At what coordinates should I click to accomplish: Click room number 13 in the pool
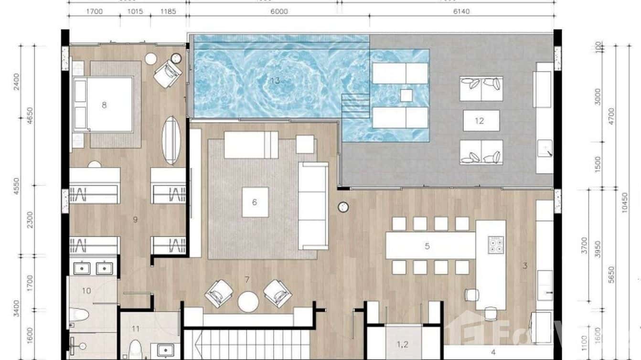275,81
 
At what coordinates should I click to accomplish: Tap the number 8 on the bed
104,105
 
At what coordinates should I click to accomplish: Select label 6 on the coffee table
255,202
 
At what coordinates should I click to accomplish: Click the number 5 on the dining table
427,246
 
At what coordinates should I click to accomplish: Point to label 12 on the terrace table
480,121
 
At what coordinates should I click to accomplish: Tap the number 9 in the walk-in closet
135,220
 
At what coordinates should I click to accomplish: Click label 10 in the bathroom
86,290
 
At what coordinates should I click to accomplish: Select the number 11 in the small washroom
136,328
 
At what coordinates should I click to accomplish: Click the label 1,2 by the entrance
403,344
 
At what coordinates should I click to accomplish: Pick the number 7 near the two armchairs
247,279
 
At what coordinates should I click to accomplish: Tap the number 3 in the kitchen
525,266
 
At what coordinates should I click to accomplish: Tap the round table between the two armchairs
248,302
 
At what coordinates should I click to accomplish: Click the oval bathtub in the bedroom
171,140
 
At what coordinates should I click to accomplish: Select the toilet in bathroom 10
79,315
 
